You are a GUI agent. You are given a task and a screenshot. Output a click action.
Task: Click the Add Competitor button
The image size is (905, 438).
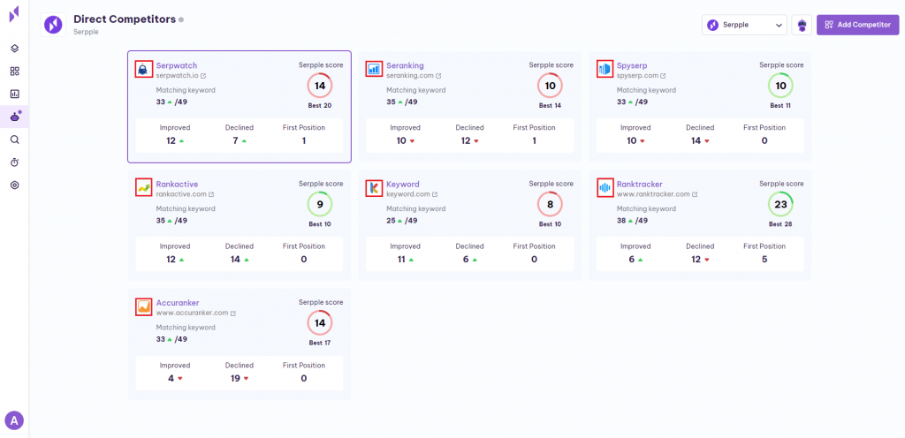(x=857, y=25)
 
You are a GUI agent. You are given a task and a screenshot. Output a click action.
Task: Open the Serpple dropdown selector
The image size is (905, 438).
(x=744, y=25)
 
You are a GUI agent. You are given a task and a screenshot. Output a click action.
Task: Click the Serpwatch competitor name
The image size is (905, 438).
(x=177, y=65)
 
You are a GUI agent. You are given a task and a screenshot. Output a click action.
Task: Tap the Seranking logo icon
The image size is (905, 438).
(x=373, y=68)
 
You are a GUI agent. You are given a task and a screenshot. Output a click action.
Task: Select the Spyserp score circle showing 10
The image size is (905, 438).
(x=780, y=86)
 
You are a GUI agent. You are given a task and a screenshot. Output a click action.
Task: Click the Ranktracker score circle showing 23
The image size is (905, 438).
(x=780, y=204)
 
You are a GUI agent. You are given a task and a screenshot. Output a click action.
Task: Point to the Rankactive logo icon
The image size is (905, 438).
(x=143, y=187)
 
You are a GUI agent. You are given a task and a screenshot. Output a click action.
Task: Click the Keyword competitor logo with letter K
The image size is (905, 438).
(x=373, y=187)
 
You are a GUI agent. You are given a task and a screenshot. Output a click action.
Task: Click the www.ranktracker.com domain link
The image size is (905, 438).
(x=653, y=194)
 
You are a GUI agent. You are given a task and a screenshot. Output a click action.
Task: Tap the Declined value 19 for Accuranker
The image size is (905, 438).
(x=235, y=378)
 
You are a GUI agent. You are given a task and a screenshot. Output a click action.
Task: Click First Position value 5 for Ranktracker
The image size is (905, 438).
(x=764, y=259)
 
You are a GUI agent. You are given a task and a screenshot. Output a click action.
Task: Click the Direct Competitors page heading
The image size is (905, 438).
(x=123, y=19)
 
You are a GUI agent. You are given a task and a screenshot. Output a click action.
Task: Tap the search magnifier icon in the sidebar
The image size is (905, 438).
(x=14, y=140)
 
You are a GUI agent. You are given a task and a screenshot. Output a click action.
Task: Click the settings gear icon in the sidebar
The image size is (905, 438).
(x=14, y=185)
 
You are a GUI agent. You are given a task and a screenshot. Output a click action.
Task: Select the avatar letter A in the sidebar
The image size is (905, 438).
(x=13, y=420)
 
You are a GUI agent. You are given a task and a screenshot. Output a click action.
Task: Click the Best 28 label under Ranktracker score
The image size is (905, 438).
(x=780, y=224)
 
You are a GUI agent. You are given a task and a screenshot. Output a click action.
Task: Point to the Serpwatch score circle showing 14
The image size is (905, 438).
(x=320, y=86)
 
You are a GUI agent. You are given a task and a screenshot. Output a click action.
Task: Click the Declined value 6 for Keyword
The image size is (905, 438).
(x=465, y=259)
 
